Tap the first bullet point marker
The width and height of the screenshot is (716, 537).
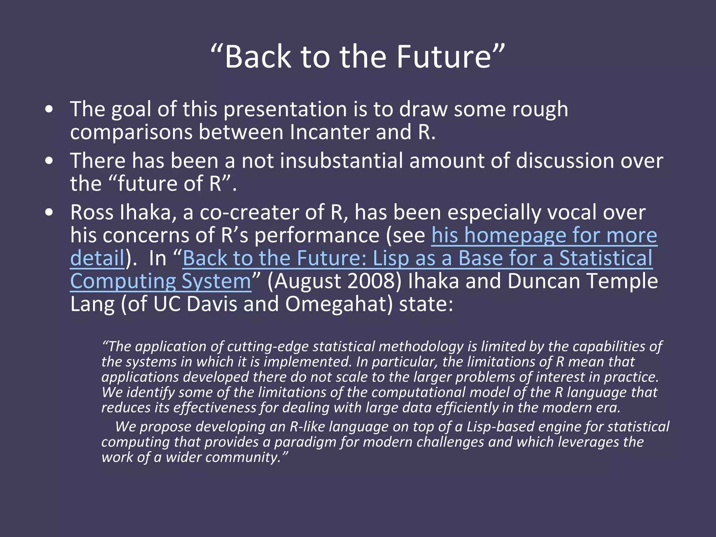click(x=49, y=109)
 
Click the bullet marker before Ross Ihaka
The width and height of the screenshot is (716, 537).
click(x=49, y=212)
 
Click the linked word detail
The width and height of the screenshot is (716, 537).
click(x=97, y=258)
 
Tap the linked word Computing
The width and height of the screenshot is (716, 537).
click(x=122, y=281)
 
